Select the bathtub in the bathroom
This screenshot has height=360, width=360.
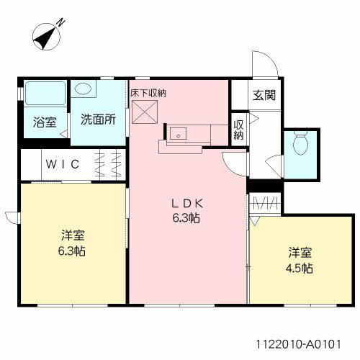(x=45, y=94)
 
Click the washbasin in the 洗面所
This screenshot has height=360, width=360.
(x=84, y=89)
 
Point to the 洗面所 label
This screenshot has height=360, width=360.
(x=98, y=120)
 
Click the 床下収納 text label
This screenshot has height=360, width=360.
(x=148, y=92)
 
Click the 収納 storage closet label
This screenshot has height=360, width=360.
(x=238, y=130)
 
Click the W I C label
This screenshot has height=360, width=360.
(x=64, y=164)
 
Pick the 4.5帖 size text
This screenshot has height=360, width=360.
(x=300, y=269)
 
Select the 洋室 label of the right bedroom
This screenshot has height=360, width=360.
(x=300, y=252)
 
